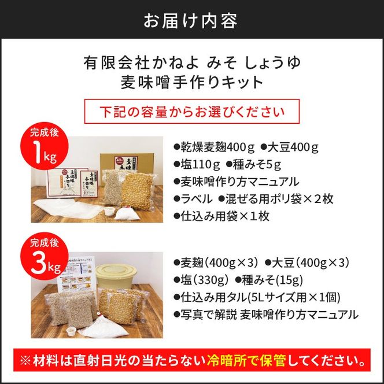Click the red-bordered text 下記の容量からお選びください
click(x=191, y=110)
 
